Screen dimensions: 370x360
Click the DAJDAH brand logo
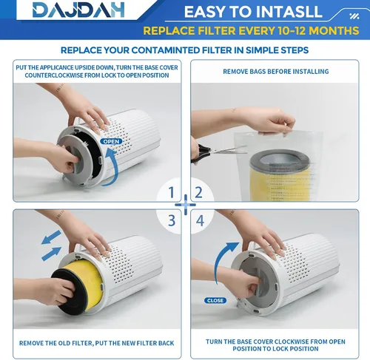point(78,10)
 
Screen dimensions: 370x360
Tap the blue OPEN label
point(111,141)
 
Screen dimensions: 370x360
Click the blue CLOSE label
point(215,300)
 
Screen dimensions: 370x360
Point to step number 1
point(171,192)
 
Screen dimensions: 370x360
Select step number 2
point(199,192)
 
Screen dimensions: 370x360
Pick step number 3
point(172,220)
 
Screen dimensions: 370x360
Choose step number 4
point(200,220)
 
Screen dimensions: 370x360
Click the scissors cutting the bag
point(217,152)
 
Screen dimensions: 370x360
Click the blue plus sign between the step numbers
point(185,205)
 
